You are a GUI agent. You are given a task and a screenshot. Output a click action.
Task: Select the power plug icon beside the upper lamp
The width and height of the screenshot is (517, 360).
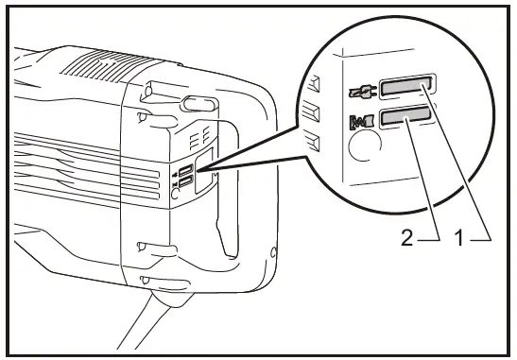pyautogui.click(x=361, y=91)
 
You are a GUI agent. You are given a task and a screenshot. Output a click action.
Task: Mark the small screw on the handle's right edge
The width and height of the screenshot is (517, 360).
pyautogui.click(x=272, y=252)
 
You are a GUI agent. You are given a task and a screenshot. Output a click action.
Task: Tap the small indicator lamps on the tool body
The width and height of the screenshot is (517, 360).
pyautogui.click(x=188, y=176)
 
